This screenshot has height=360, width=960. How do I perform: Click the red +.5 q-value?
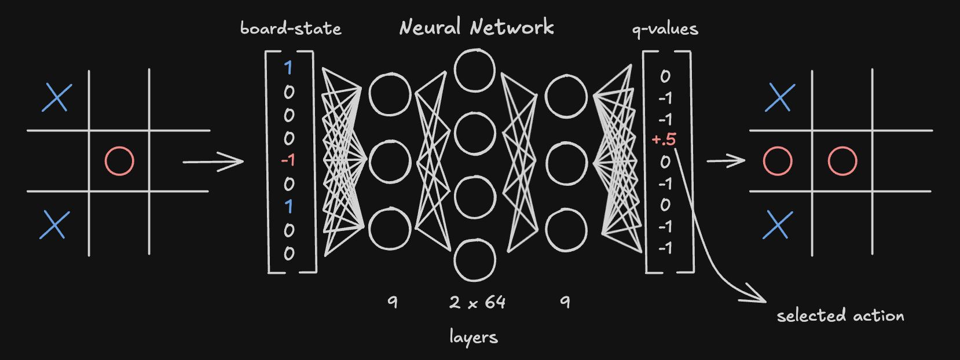(x=664, y=139)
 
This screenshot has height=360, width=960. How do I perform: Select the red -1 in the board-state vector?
(x=288, y=160)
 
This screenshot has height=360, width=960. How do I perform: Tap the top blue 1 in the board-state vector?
(x=288, y=68)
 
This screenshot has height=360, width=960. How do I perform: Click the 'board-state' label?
(x=291, y=28)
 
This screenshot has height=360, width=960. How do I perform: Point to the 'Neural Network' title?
(x=476, y=27)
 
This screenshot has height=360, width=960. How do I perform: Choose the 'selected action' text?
(x=840, y=315)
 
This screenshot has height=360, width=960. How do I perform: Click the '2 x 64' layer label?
(x=477, y=302)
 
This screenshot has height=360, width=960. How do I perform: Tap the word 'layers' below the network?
(x=474, y=337)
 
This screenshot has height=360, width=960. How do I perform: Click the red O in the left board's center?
(x=119, y=161)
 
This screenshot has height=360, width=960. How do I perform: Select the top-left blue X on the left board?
(x=57, y=97)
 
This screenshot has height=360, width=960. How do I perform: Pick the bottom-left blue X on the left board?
(x=54, y=225)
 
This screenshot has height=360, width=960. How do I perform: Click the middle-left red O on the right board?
(x=778, y=161)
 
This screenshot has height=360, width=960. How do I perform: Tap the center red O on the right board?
(x=842, y=161)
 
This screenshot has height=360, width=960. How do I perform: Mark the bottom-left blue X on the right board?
(x=777, y=225)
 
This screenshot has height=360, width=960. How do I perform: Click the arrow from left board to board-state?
(x=213, y=161)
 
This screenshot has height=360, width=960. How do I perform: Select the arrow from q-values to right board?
(x=726, y=161)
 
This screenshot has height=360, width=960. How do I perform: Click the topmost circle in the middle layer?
(x=475, y=71)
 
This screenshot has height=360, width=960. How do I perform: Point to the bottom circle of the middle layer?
(x=475, y=260)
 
